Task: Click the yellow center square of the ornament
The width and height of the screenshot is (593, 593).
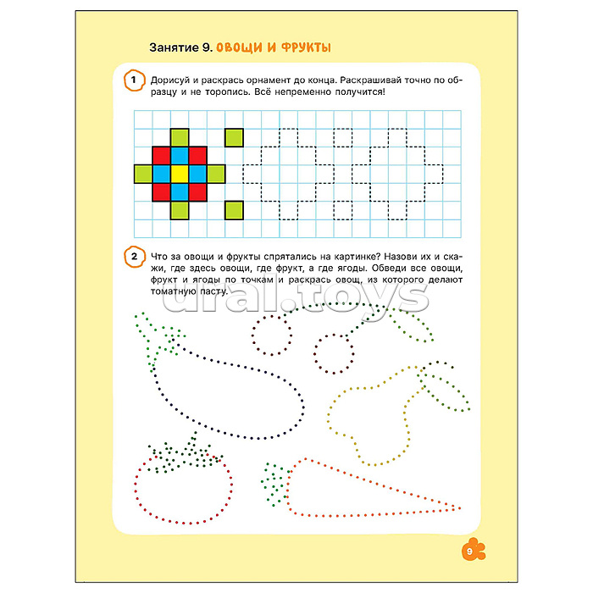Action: (180, 174)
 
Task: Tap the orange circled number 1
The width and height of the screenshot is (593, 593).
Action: (134, 80)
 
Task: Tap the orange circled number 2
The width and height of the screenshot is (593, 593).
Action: (134, 257)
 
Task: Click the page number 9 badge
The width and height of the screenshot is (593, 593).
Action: (473, 551)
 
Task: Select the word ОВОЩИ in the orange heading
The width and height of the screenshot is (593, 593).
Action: (239, 47)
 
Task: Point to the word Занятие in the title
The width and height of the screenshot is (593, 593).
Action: (174, 47)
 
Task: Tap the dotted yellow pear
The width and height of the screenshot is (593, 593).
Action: (329, 416)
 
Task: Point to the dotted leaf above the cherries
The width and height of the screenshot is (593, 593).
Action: (413, 326)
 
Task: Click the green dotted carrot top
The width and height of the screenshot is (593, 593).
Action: (274, 485)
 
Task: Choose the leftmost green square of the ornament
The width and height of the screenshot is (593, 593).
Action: (143, 174)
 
